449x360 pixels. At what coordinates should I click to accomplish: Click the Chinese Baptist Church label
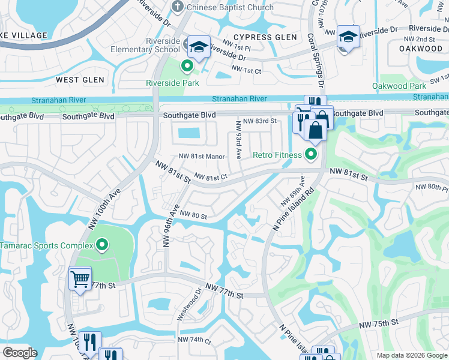click(229, 7)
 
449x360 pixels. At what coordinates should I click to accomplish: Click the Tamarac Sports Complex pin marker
click(102, 244)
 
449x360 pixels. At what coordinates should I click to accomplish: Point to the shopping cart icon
click(80, 278)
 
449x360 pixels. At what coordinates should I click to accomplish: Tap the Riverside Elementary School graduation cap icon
click(197, 47)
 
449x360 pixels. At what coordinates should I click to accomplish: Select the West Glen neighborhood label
click(80, 80)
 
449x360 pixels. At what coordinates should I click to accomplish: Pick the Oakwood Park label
click(399, 86)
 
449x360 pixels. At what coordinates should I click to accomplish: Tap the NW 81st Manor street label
click(202, 157)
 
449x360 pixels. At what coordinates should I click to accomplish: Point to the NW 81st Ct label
click(211, 177)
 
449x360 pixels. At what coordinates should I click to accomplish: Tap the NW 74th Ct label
click(194, 340)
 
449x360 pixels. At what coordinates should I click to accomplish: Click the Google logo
click(20, 353)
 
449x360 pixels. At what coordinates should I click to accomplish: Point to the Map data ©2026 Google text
click(412, 355)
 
